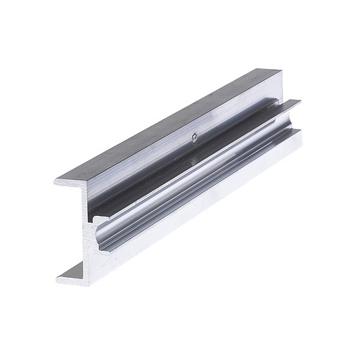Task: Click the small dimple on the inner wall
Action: [x=194, y=139]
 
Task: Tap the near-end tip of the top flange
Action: [x=56, y=182]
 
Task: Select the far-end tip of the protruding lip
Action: [x=299, y=103]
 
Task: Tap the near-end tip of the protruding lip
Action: [x=96, y=219]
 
